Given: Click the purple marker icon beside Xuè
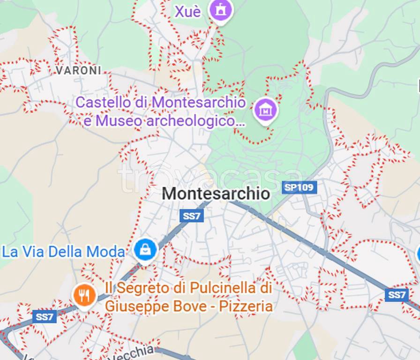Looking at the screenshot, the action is [221, 10].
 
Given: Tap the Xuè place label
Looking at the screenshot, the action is [188, 11].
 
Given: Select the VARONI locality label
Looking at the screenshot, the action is [78, 70].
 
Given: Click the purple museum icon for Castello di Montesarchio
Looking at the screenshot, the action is [265, 110].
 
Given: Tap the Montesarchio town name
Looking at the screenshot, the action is [216, 193].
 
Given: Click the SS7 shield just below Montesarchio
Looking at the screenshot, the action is [192, 216].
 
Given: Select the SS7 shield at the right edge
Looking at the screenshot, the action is [397, 294].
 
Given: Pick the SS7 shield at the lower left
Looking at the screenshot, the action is [45, 317].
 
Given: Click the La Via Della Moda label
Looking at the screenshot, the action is [64, 252].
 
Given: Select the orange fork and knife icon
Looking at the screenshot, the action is [85, 295].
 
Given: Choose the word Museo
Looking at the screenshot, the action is [118, 121].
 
